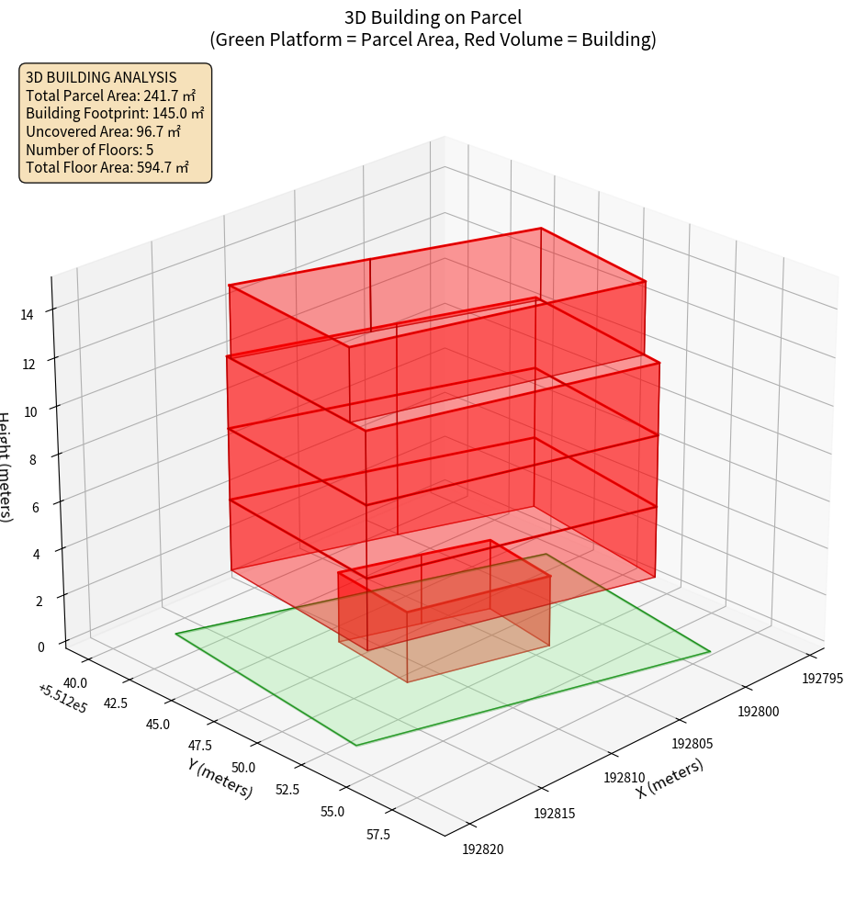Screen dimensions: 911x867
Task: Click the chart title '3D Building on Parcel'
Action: point(433,17)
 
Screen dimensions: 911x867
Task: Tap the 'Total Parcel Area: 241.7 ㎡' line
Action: point(110,96)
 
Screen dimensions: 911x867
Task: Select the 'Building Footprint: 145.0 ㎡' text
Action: point(115,113)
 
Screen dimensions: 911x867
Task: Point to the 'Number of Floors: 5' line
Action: point(90,149)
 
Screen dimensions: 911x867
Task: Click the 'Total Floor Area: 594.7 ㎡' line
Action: point(107,167)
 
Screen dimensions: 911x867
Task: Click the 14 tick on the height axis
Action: point(27,314)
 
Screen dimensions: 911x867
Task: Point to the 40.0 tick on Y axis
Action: point(76,682)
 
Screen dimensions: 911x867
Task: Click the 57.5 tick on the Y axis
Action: point(377,834)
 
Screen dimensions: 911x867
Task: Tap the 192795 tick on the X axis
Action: point(822,679)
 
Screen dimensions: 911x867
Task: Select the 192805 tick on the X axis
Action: point(692,743)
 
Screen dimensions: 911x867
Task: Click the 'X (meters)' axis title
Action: point(670,778)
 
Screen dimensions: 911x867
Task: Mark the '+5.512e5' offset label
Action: point(62,699)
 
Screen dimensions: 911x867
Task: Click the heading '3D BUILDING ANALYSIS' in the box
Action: point(101,77)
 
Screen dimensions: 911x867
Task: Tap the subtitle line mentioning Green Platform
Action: point(433,39)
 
